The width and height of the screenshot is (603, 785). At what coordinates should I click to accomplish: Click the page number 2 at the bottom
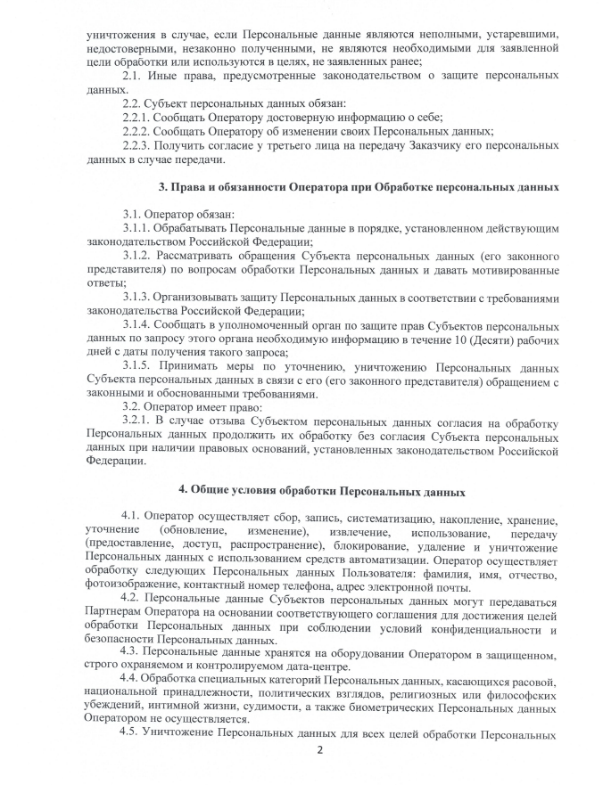pyautogui.click(x=318, y=749)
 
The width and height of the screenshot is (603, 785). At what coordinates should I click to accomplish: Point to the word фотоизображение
pyautogui.click(x=127, y=587)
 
